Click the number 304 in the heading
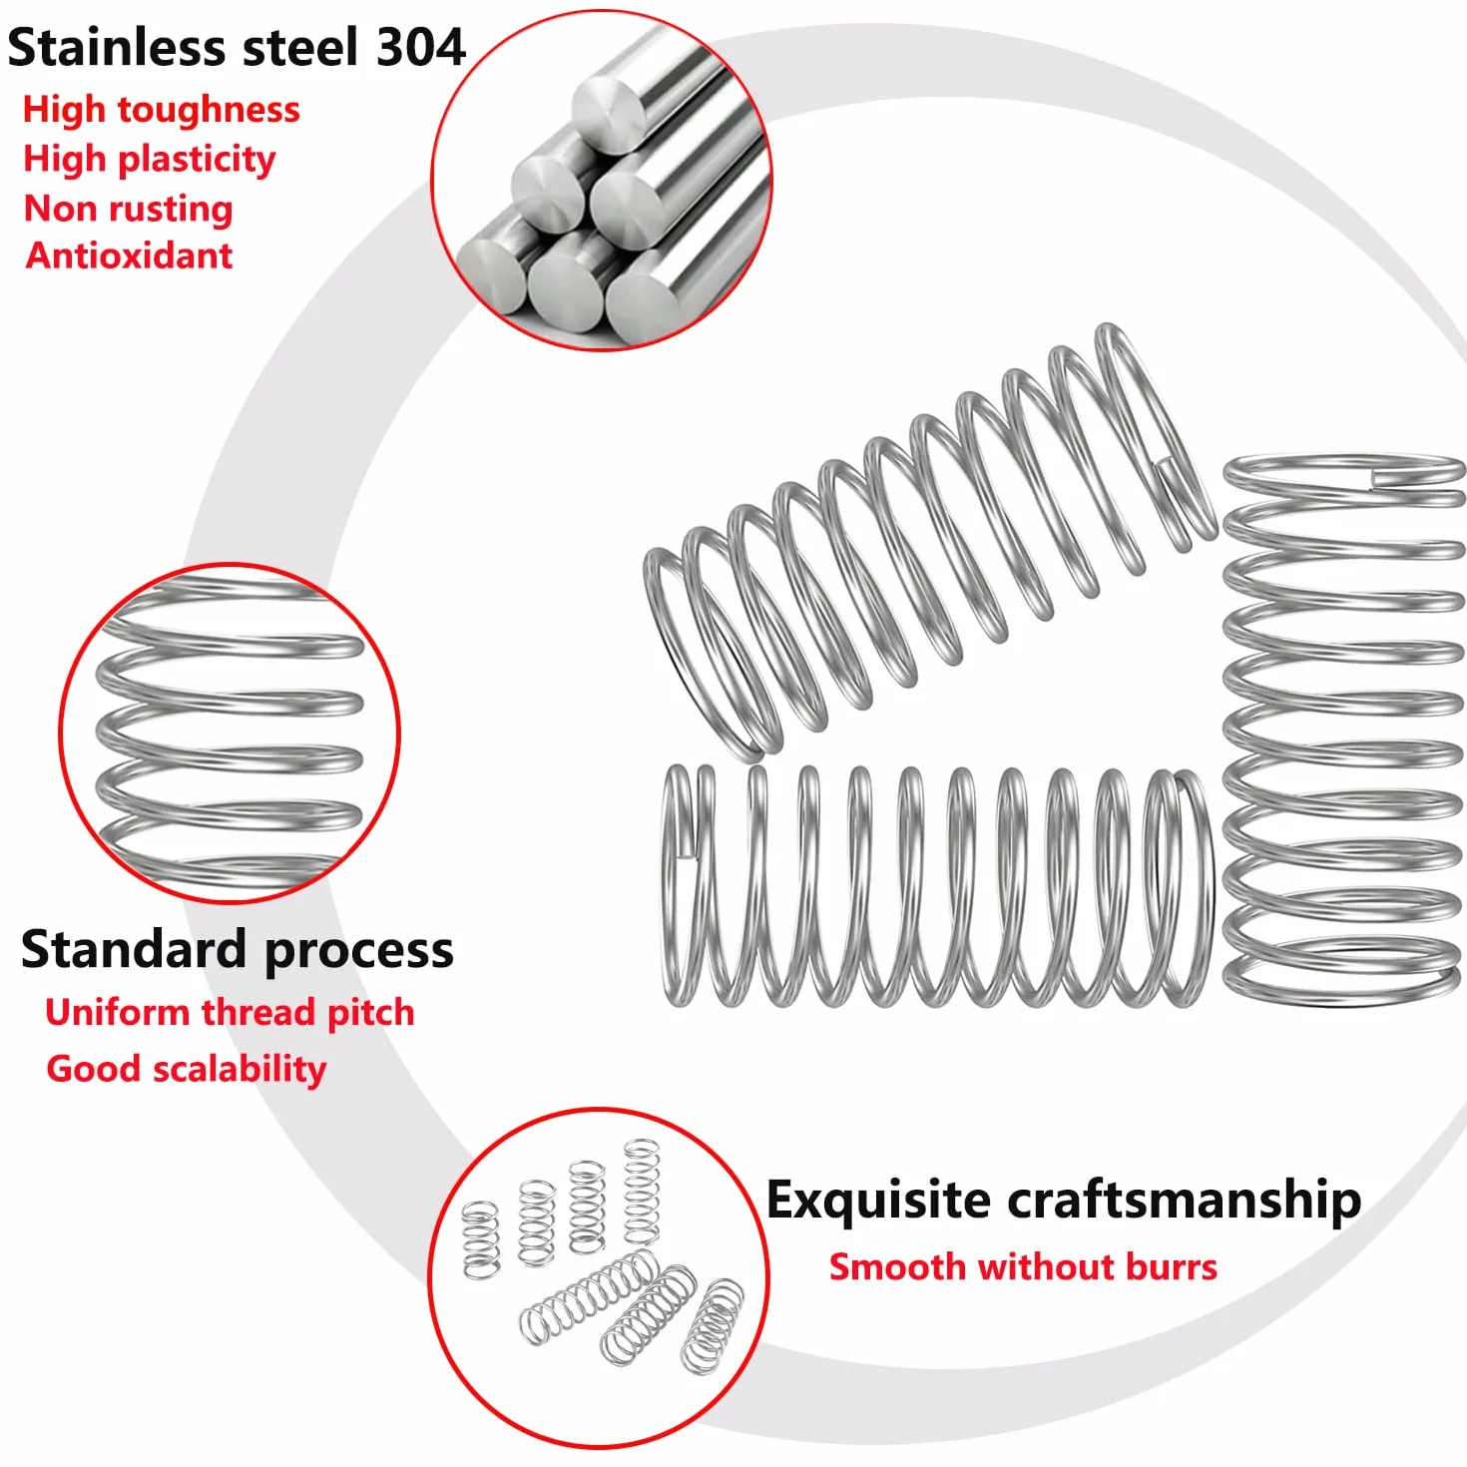pos(420,47)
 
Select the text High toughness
pos(162,111)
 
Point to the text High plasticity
pos(150,160)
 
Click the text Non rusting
pos(128,209)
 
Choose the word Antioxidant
pos(130,255)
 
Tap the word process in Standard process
pos(359,953)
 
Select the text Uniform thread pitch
pos(230,1013)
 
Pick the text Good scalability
pos(187,1070)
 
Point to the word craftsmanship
pos(1185,1203)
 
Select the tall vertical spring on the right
pos(1344,731)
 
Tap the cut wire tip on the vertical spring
pos(1379,479)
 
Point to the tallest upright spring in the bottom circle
pos(642,1193)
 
